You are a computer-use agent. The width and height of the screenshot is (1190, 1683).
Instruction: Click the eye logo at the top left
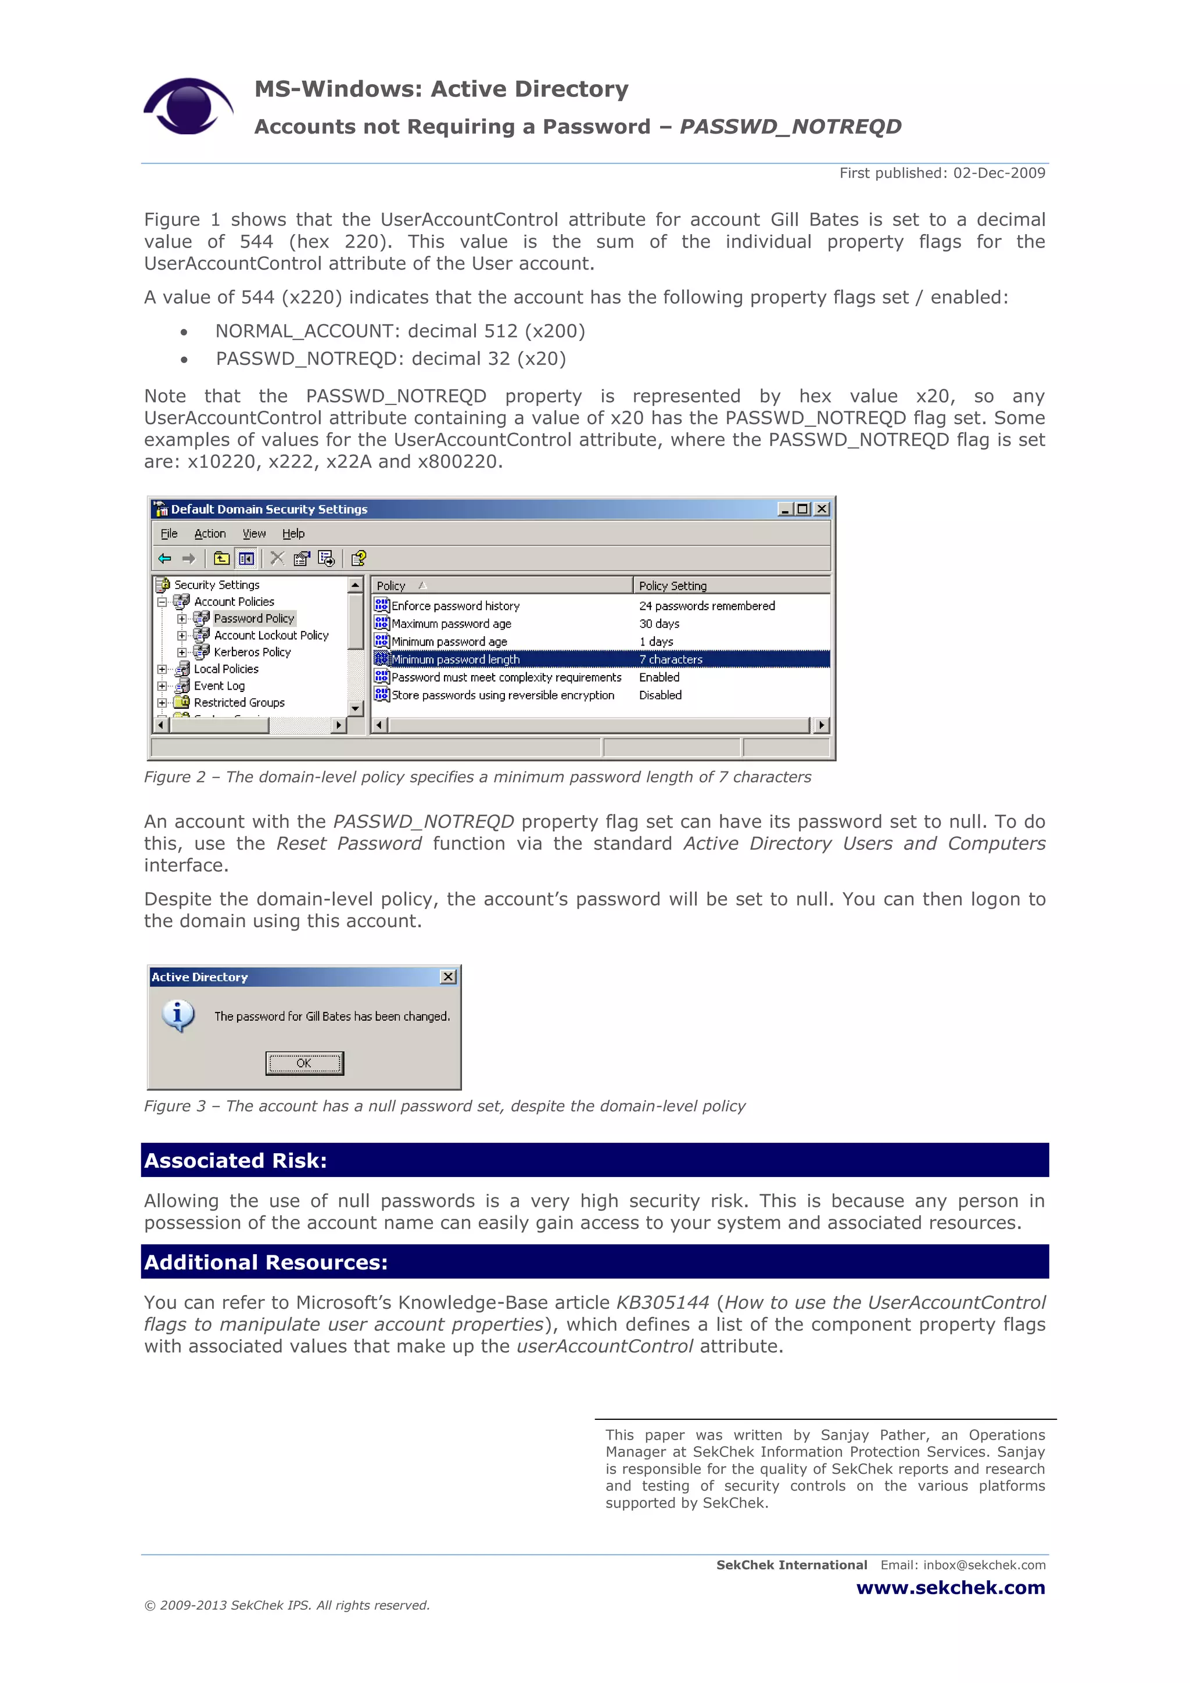[x=188, y=106]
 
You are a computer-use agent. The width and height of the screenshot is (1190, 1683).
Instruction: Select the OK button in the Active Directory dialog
[x=304, y=1063]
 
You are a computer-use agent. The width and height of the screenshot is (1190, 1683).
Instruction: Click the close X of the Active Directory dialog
[x=448, y=977]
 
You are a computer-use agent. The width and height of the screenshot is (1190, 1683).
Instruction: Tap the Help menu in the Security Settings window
[x=293, y=534]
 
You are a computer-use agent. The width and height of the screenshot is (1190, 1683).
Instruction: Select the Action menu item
[x=210, y=534]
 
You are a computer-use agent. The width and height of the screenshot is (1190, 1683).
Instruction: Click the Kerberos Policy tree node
[x=252, y=652]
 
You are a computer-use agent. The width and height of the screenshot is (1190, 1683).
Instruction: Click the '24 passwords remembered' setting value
[x=706, y=605]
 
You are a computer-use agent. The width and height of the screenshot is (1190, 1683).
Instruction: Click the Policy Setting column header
[x=672, y=586]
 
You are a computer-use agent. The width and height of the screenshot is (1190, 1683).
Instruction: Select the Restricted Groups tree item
[x=239, y=702]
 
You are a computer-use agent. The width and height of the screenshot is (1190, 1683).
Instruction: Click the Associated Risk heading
[x=235, y=1160]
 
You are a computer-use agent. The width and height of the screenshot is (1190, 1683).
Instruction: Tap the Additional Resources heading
[x=266, y=1262]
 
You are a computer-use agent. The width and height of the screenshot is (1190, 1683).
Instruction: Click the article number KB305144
[x=662, y=1302]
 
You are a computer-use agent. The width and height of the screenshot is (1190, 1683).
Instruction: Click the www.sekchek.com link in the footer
[x=950, y=1588]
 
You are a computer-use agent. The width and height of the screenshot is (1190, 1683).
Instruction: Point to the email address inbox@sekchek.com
[x=984, y=1565]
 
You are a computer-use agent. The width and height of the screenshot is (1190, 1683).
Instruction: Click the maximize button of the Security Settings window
[x=804, y=509]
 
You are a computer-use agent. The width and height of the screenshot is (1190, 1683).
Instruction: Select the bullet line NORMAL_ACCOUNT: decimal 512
[x=400, y=331]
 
